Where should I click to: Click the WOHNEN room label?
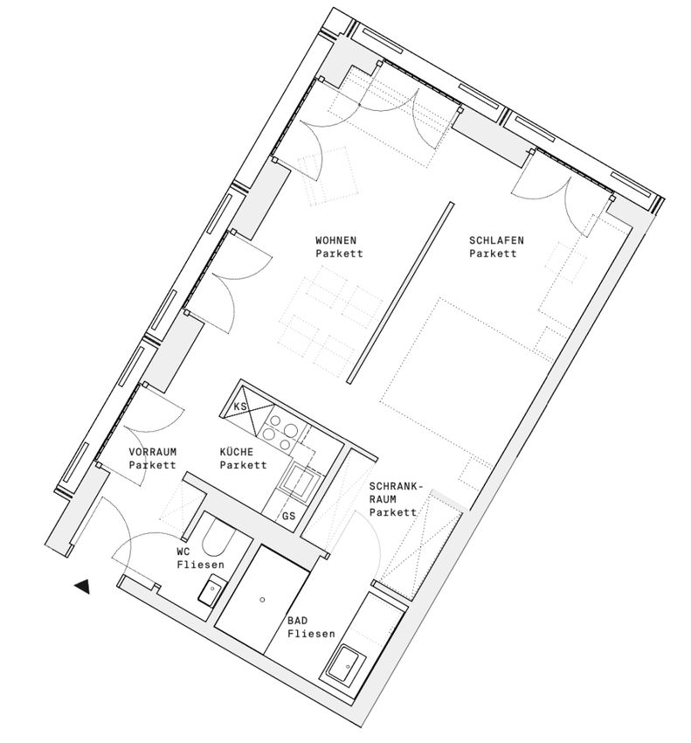coord(335,240)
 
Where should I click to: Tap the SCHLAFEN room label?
coord(496,240)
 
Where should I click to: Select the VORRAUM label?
coord(153,452)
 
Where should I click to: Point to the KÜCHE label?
coord(237,452)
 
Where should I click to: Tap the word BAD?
coord(297,621)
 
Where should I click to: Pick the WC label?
coord(183,552)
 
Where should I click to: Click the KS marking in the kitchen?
coord(240,406)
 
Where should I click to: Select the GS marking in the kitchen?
coord(288,516)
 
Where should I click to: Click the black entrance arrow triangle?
coord(82,587)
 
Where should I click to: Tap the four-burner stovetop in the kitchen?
coord(280,431)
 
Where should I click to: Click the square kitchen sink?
coord(300,480)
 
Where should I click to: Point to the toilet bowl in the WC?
coord(218,538)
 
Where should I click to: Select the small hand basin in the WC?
coord(212,589)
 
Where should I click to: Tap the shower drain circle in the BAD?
coord(262,600)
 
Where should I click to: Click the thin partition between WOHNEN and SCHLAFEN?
coord(401,292)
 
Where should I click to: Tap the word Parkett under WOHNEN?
coord(339,253)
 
